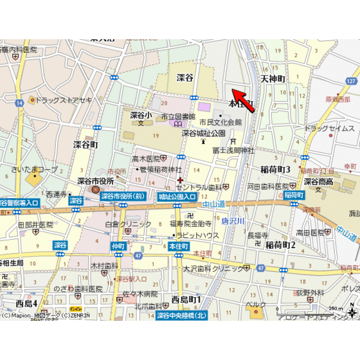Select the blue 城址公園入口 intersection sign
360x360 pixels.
177,196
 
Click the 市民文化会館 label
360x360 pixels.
220,122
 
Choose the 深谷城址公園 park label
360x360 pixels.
203,133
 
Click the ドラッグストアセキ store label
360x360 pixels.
64,100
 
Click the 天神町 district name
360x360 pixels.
273,78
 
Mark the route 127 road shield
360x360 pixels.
350,81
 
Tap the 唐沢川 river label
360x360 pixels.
234,220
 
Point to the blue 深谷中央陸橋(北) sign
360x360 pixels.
181,315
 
